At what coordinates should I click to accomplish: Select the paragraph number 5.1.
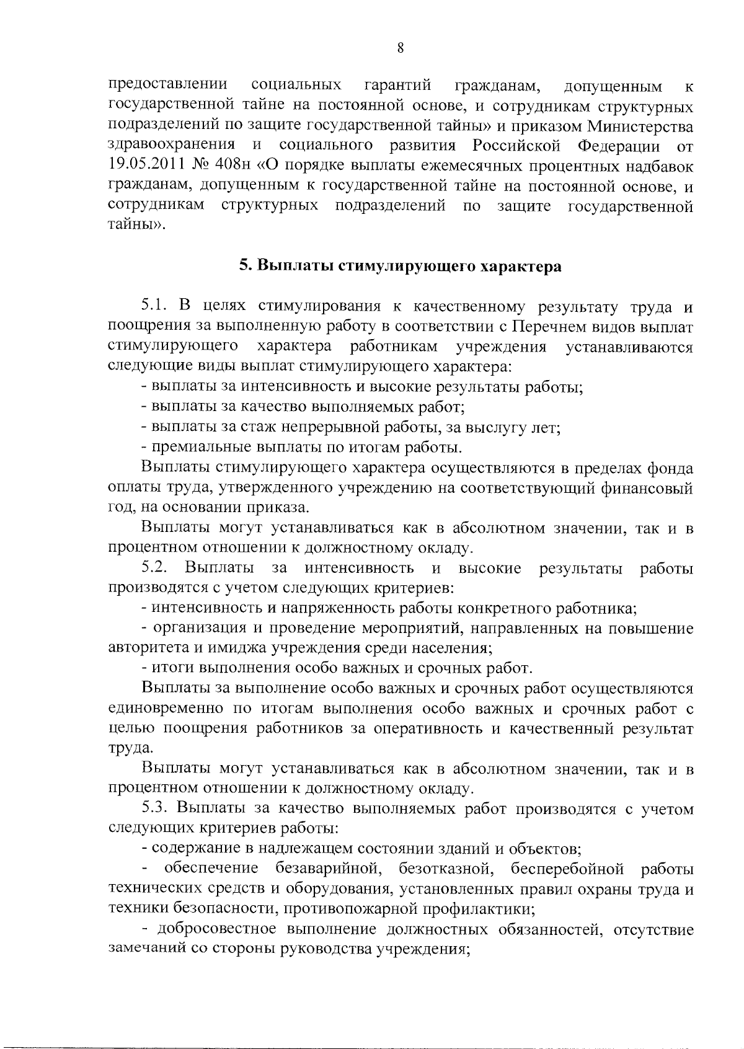coord(154,306)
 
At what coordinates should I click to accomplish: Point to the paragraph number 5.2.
coord(155,568)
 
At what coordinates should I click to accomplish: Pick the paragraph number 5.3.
coord(155,808)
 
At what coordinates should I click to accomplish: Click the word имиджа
coord(238,648)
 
